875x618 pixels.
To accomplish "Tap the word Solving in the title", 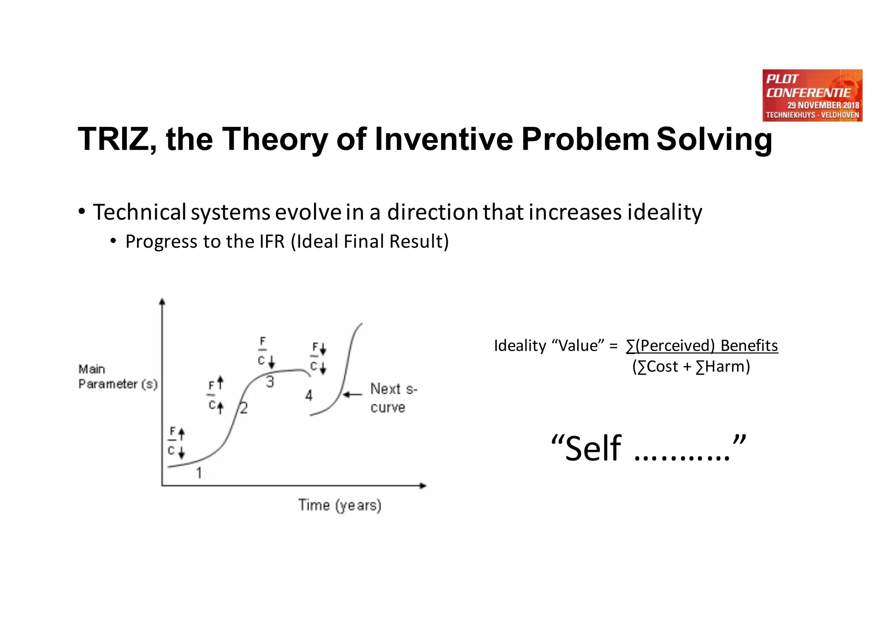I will click(714, 139).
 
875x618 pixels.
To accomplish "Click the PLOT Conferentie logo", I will click(812, 95).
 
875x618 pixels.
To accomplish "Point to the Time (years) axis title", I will click(340, 505).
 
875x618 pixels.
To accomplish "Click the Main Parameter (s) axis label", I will click(117, 377).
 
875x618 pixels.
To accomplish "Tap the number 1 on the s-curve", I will click(199, 473).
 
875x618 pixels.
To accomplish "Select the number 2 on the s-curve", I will click(244, 408).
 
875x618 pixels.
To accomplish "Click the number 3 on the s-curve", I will click(270, 381).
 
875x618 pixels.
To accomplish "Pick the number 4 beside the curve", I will click(309, 395).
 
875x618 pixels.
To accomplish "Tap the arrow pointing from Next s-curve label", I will click(352, 394).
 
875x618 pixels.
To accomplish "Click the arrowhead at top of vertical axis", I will click(162, 302).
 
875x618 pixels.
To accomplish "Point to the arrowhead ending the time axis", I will click(423, 486).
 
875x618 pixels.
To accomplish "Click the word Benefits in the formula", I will click(749, 346).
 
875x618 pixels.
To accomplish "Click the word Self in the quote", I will click(593, 448).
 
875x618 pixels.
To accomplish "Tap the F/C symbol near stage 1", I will click(175, 441).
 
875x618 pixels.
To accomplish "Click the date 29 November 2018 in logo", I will click(823, 105).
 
